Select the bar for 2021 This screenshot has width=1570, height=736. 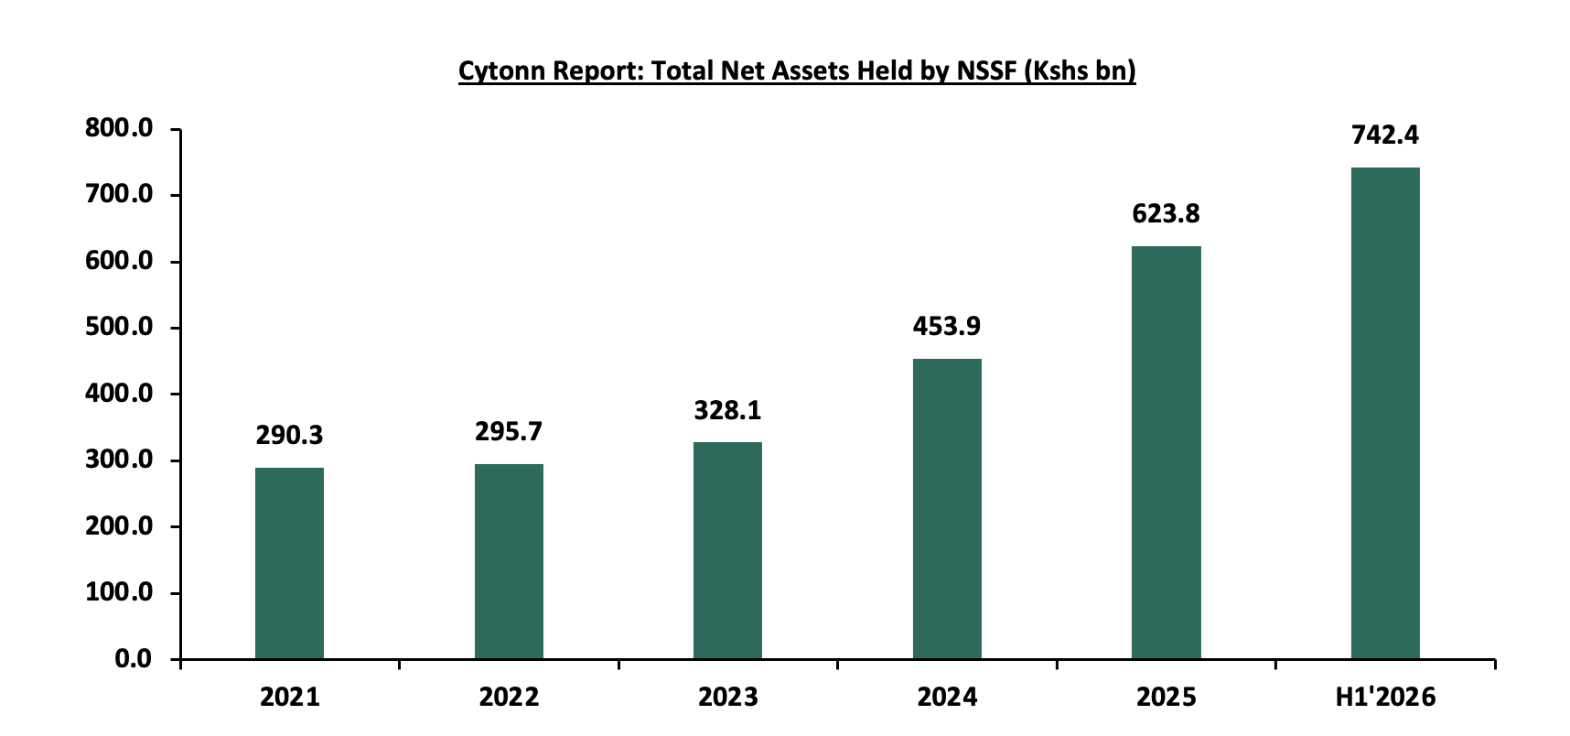click(289, 563)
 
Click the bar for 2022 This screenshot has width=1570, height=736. click(509, 561)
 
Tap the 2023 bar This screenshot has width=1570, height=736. click(727, 550)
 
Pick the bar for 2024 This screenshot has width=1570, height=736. click(947, 509)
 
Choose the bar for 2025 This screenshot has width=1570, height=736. click(1167, 452)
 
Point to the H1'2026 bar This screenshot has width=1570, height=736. click(1385, 413)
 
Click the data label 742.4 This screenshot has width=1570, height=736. click(1385, 135)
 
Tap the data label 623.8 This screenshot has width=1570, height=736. click(1166, 214)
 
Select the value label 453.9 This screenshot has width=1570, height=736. click(947, 327)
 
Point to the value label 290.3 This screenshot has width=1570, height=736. click(289, 436)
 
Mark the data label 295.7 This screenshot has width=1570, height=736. click(509, 432)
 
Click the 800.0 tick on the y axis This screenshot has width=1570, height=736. click(119, 128)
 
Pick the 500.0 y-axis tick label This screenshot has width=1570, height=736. click(119, 327)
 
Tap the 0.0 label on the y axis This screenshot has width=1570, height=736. click(134, 659)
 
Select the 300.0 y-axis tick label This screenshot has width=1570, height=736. click(119, 460)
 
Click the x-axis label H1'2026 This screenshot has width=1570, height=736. click(1385, 698)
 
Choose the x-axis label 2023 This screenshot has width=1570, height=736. click(728, 698)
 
